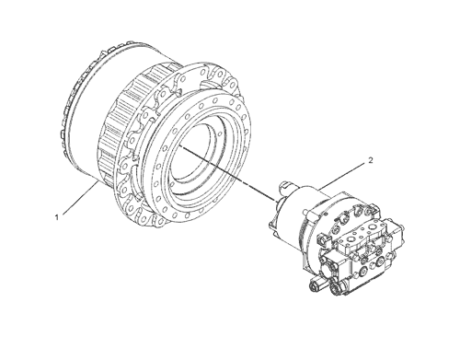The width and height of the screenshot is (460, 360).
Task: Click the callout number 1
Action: [x=56, y=217]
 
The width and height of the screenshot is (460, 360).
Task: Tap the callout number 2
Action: [x=371, y=160]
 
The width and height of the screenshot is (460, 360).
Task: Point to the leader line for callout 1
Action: [x=81, y=198]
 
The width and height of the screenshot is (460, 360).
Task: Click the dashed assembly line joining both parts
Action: [x=228, y=174]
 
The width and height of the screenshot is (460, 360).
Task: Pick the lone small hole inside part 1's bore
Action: [x=220, y=134]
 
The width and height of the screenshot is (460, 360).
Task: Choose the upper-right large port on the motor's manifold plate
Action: [x=373, y=227]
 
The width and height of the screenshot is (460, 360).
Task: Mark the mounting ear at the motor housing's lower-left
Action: [x=272, y=225]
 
